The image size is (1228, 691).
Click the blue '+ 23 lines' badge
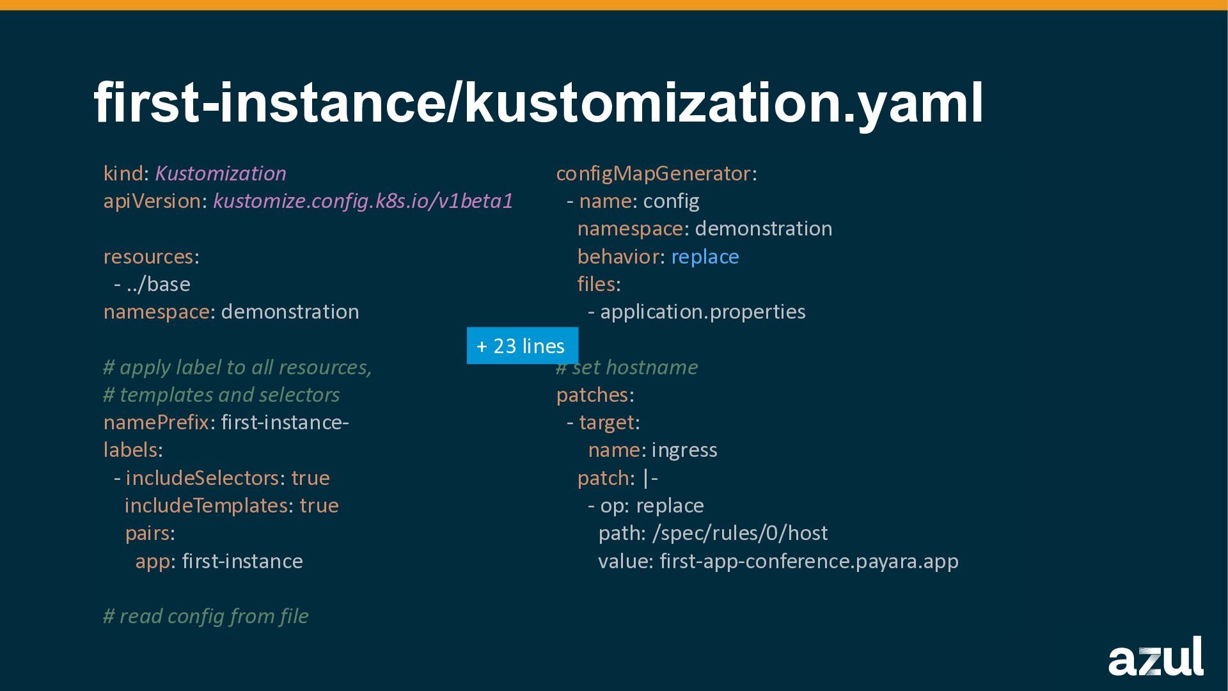[522, 345]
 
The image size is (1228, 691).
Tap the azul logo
[1155, 657]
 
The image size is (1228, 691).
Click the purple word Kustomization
[220, 173]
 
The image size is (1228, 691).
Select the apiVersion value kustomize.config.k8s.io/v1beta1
[363, 201]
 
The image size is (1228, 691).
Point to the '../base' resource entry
[158, 284]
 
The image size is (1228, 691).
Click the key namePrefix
[156, 422]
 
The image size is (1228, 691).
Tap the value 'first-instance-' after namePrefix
[285, 422]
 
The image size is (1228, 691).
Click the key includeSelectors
[202, 478]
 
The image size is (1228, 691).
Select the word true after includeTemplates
[319, 505]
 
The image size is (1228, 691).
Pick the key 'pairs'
[147, 533]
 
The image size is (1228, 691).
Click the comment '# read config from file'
[205, 616]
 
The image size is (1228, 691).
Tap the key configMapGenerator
[653, 173]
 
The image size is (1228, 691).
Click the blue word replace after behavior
[705, 257]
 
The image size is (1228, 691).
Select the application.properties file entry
[702, 312]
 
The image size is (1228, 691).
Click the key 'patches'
[592, 395]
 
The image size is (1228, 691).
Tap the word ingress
[684, 450]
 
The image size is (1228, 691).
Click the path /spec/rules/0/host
[739, 533]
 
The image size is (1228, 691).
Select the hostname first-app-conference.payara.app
[808, 561]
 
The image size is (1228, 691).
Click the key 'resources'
[148, 257]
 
